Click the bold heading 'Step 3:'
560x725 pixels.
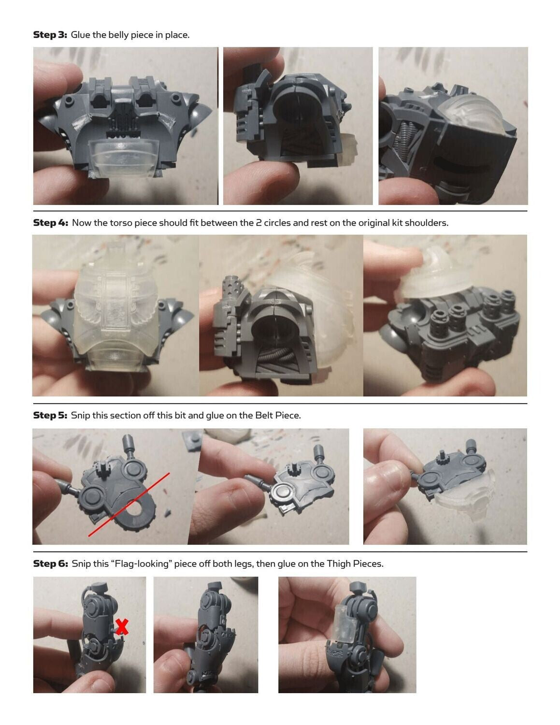(x=50, y=35)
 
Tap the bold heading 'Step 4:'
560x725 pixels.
(x=51, y=222)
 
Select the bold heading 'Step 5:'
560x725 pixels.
(x=50, y=415)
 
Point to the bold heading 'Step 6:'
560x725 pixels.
(x=51, y=564)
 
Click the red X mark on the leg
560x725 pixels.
(x=122, y=626)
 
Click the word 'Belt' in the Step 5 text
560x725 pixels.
(x=264, y=415)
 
